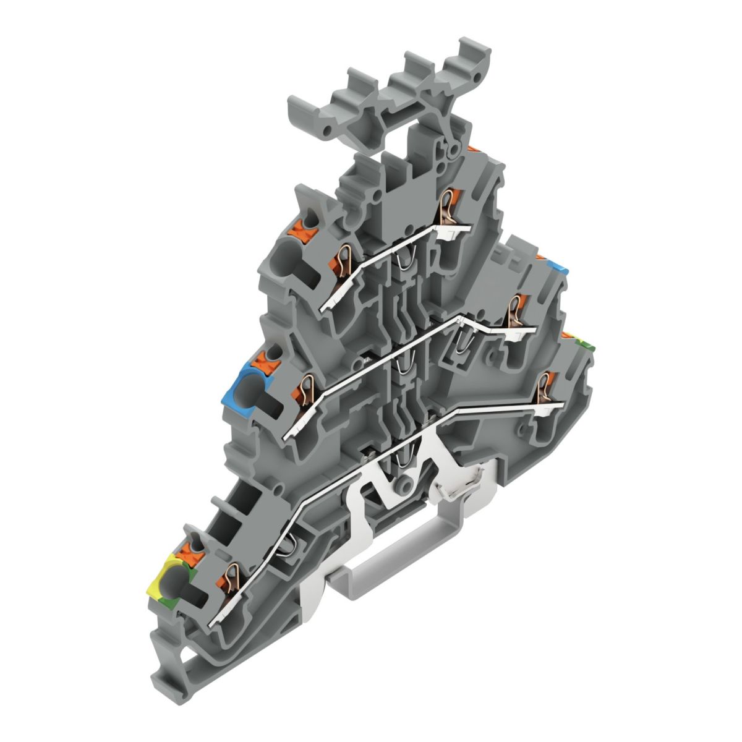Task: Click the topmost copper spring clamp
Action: [x=446, y=208]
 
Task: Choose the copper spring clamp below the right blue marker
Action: [x=513, y=311]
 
